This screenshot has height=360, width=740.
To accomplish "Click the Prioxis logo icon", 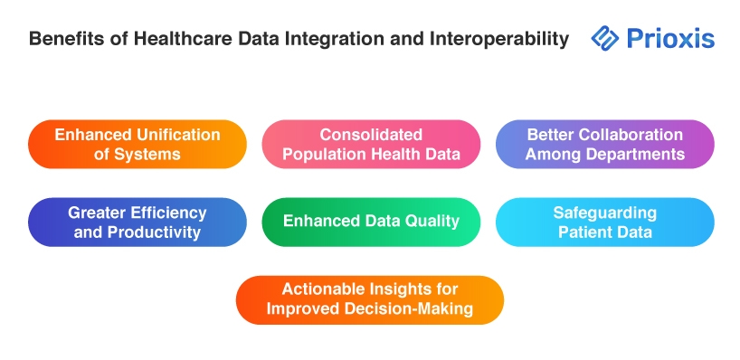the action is pos(604,38).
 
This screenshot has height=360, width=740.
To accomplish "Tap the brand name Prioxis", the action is pos(670,38).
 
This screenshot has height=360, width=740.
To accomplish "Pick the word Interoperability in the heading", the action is pos(498,39).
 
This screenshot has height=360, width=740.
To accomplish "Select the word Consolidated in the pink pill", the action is pos(371,135).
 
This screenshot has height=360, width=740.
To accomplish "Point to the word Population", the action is pos(321,155).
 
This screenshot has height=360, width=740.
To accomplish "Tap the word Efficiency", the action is pos(168,213).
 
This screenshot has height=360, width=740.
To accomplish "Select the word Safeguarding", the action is pos(604,213).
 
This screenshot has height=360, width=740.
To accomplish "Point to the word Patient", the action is pos(582,232).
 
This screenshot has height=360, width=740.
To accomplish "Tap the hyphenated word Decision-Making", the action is pos(409,308).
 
